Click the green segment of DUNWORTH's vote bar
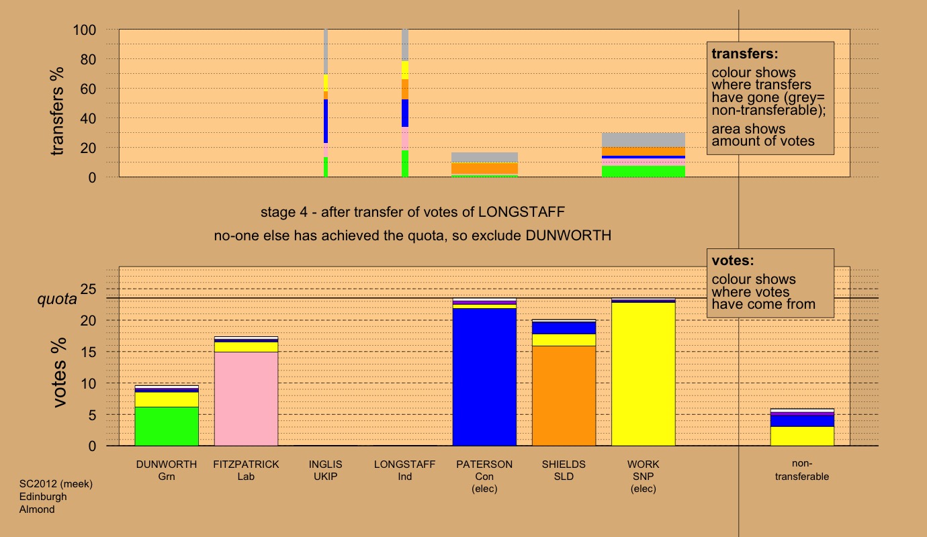tap(167, 426)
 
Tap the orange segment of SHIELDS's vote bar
tap(564, 395)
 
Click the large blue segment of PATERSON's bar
tap(484, 377)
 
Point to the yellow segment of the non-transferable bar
tap(802, 436)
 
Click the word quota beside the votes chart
tap(57, 299)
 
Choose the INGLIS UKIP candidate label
tap(325, 470)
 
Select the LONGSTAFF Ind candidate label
tap(404, 470)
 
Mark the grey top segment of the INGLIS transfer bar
tap(326, 51)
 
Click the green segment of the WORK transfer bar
tap(643, 171)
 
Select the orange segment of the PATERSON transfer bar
tap(484, 168)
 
